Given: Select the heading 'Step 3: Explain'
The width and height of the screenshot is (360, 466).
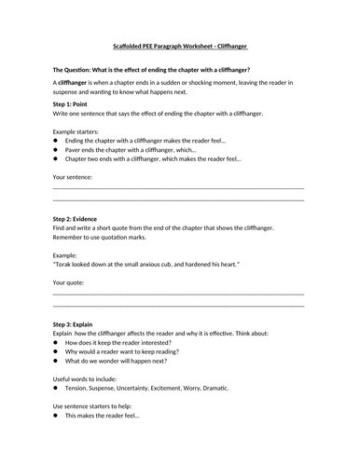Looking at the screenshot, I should point(79,322).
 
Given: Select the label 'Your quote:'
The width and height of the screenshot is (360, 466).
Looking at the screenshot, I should point(72,281).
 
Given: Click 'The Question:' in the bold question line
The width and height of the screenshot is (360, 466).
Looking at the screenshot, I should point(77,70).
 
